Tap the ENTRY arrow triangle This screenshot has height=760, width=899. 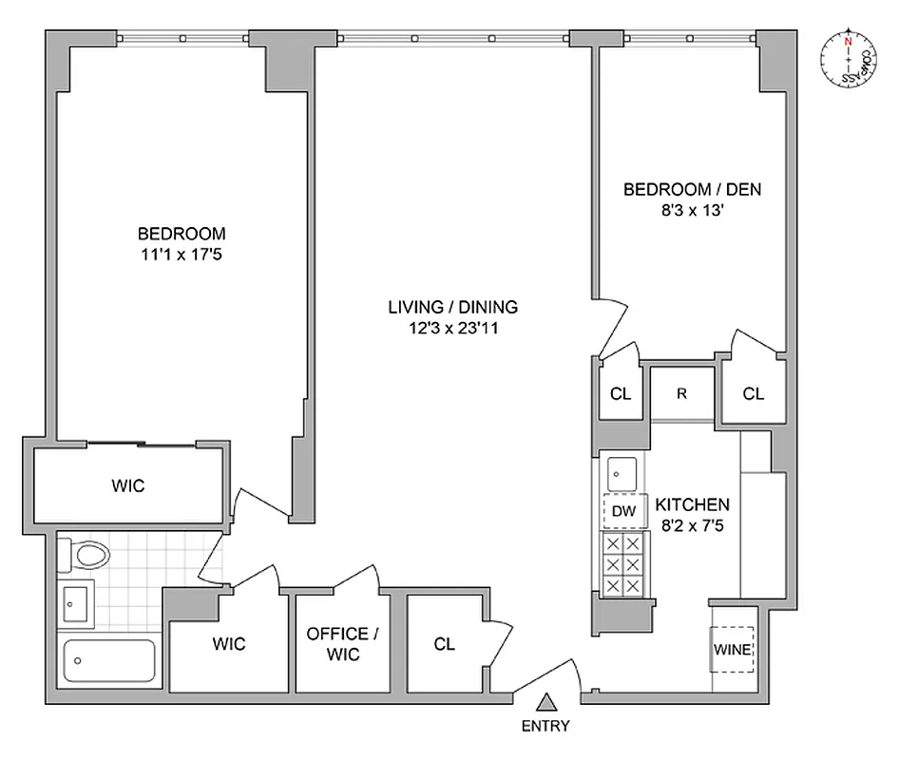pyautogui.click(x=545, y=704)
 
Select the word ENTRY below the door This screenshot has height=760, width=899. pyautogui.click(x=545, y=727)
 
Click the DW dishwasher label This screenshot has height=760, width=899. pyautogui.click(x=622, y=511)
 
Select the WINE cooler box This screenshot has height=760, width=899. pyautogui.click(x=733, y=651)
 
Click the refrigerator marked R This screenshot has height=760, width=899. pyautogui.click(x=681, y=392)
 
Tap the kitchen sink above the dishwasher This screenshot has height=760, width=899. pyautogui.click(x=622, y=470)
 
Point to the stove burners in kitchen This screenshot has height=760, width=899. pyautogui.click(x=622, y=564)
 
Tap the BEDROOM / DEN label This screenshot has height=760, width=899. pyautogui.click(x=692, y=190)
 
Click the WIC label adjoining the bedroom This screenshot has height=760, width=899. pyautogui.click(x=127, y=485)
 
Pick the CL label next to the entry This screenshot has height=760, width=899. pyautogui.click(x=444, y=644)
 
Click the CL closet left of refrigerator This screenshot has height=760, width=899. pyautogui.click(x=620, y=393)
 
